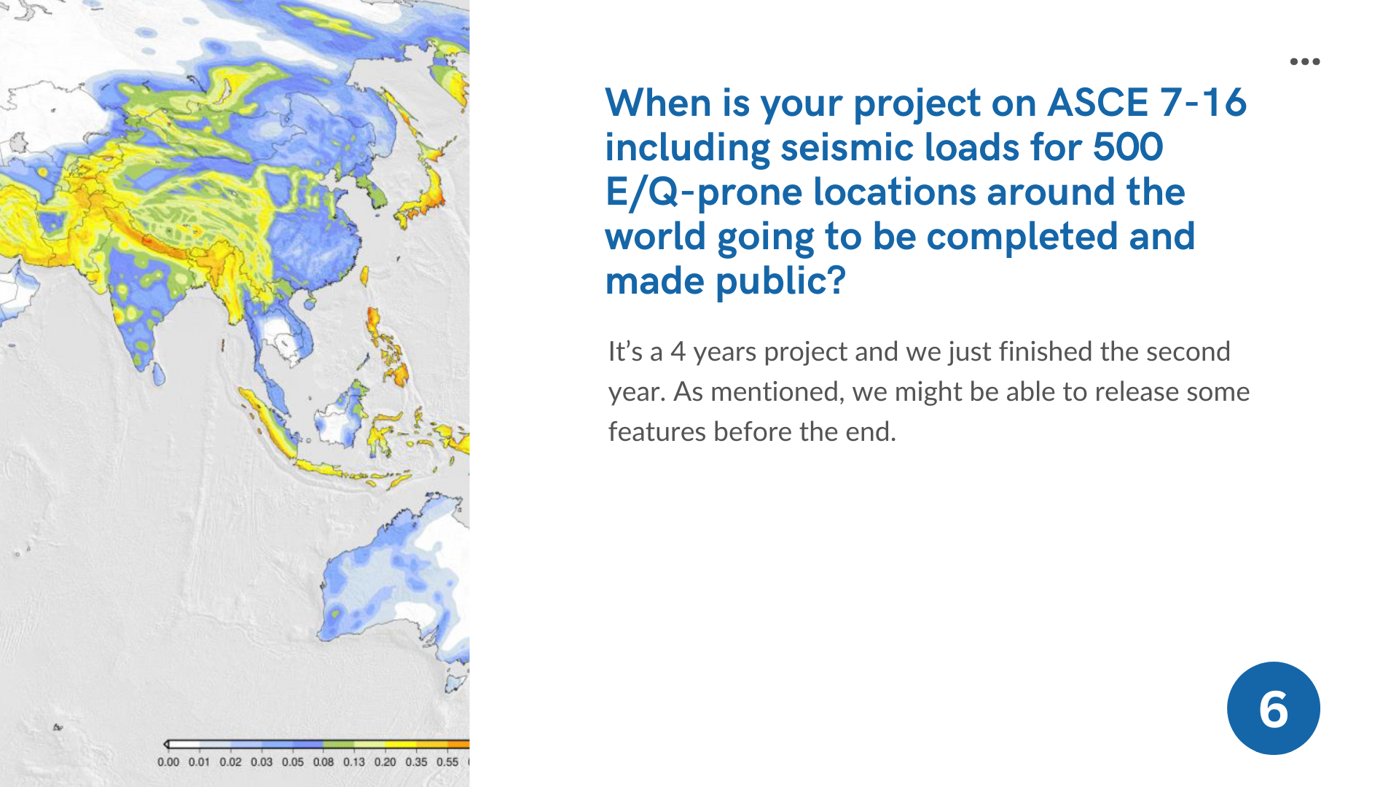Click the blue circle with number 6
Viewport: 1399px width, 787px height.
tap(1273, 708)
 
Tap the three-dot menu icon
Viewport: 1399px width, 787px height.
tap(1305, 62)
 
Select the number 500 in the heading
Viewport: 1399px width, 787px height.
tap(1127, 147)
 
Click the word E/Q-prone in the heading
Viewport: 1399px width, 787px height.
tap(704, 193)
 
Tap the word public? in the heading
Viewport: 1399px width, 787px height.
tap(781, 282)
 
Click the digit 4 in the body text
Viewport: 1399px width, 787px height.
tap(678, 352)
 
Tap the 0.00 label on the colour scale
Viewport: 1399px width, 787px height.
tap(168, 762)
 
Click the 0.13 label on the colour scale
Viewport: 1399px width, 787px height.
tap(354, 762)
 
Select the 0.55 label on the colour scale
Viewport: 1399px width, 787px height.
tap(447, 762)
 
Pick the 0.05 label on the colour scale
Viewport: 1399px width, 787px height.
tap(292, 762)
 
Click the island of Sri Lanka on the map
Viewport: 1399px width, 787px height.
tap(158, 374)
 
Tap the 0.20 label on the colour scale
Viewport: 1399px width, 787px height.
tap(385, 762)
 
